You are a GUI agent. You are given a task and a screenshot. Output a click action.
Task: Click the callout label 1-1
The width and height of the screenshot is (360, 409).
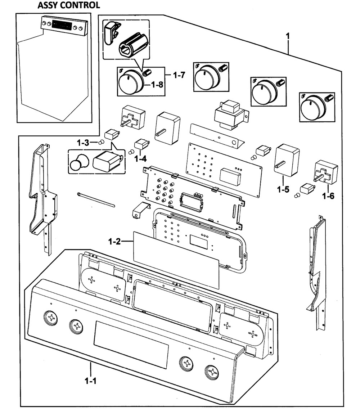(x=90, y=380)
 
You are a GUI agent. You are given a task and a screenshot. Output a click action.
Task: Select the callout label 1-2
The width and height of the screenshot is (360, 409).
(x=114, y=242)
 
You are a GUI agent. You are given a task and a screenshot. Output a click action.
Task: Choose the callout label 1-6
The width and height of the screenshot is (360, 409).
(x=328, y=196)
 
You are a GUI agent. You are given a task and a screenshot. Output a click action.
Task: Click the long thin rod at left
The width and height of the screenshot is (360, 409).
(x=96, y=199)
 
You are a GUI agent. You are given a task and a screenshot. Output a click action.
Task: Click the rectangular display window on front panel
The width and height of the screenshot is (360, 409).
(x=131, y=344)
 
